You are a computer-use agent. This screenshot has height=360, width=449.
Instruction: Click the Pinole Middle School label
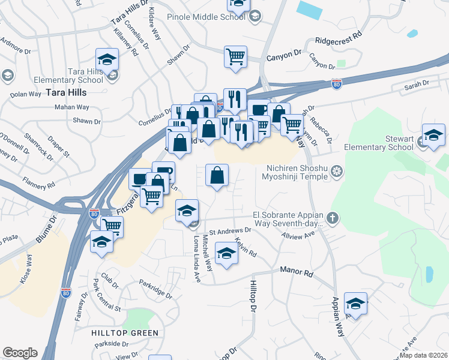(206, 16)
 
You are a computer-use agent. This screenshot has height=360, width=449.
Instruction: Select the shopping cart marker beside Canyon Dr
(236, 57)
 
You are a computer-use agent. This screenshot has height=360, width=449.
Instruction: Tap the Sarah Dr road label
(418, 86)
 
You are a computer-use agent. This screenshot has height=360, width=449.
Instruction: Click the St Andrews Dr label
(229, 230)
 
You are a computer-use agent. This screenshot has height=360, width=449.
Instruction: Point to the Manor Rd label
(297, 272)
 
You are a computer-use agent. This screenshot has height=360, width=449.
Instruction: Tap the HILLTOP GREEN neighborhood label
(125, 332)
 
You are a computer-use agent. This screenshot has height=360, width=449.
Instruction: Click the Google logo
(20, 353)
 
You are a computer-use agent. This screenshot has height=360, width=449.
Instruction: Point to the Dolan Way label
(25, 94)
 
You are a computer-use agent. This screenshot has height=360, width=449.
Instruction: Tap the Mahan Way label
(72, 107)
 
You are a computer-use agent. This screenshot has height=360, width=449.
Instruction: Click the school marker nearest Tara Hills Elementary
(107, 59)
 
